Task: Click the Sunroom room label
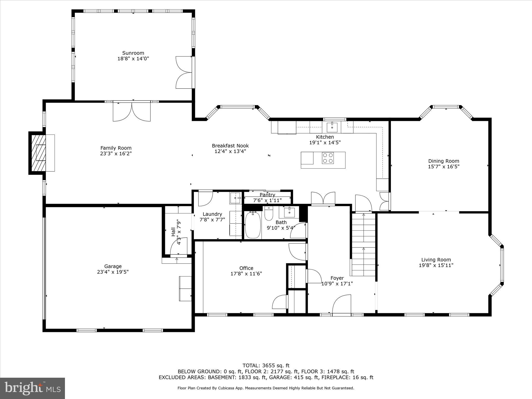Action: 133,53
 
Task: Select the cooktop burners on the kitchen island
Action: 328,158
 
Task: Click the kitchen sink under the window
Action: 332,127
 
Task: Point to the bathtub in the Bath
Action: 253,225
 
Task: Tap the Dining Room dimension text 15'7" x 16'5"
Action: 444,167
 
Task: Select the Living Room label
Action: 436,260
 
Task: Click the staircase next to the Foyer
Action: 363,244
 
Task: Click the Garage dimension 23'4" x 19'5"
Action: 113,272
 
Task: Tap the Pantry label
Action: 267,195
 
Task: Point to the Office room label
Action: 246,268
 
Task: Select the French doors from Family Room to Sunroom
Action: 132,112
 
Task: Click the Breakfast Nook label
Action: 230,146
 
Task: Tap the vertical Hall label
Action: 173,232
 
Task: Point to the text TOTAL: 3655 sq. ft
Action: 266,366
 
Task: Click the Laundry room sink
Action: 235,198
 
